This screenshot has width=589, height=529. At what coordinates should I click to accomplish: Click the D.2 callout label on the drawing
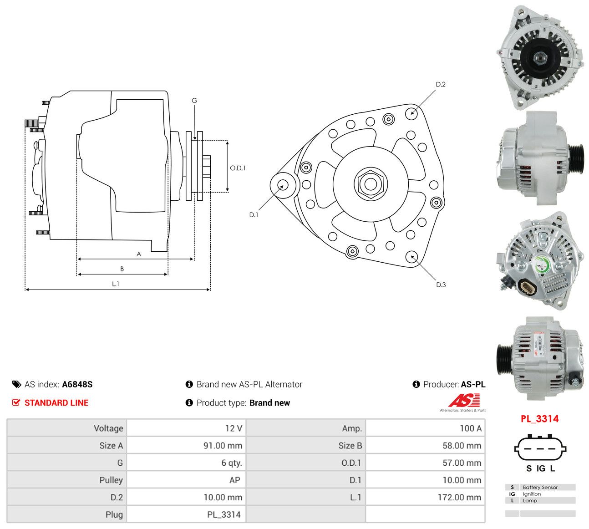pyautogui.click(x=441, y=84)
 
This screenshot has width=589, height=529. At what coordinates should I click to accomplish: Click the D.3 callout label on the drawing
pyautogui.click(x=441, y=285)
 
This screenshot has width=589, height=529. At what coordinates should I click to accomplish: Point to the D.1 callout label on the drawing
pyautogui.click(x=254, y=214)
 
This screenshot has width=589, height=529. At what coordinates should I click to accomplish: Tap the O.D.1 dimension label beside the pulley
pyautogui.click(x=238, y=168)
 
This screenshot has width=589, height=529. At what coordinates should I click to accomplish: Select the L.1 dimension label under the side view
pyautogui.click(x=116, y=284)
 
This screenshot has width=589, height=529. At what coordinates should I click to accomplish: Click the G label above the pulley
pyautogui.click(x=194, y=100)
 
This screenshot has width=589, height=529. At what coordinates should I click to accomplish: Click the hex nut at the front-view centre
pyautogui.click(x=371, y=183)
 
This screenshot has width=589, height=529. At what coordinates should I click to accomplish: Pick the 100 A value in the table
pyautogui.click(x=471, y=428)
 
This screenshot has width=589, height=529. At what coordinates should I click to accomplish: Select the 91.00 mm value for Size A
pyautogui.click(x=223, y=446)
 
